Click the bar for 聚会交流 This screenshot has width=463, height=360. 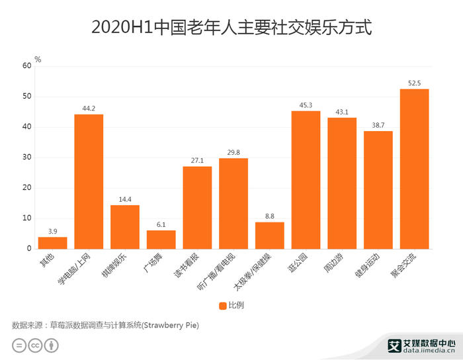(x=414, y=169)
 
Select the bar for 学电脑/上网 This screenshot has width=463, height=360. (x=89, y=181)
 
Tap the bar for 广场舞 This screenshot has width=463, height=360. (x=161, y=240)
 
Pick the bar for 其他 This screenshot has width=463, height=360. (x=52, y=243)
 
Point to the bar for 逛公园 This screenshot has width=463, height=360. (x=306, y=179)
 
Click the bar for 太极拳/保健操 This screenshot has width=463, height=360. (x=269, y=235)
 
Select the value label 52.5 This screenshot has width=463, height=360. (x=414, y=83)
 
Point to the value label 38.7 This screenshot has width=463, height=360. (x=378, y=126)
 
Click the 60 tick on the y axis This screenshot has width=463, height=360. (x=26, y=66)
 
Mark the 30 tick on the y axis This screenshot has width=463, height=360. (x=26, y=157)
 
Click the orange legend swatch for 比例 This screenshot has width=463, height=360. (x=223, y=305)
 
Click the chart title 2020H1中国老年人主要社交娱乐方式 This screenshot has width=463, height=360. (x=231, y=28)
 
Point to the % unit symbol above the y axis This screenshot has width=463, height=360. (x=38, y=60)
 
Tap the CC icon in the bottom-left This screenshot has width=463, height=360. (x=34, y=345)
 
